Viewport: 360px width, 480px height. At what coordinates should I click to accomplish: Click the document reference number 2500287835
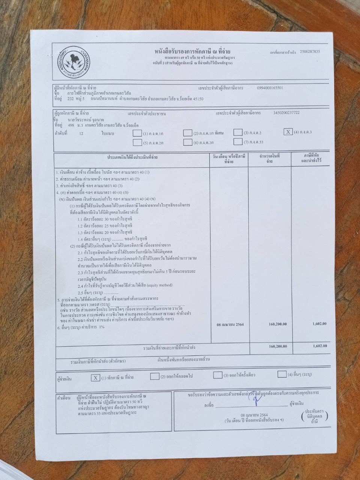(x=310, y=52)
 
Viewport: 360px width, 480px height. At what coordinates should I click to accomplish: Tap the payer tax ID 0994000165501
(x=270, y=88)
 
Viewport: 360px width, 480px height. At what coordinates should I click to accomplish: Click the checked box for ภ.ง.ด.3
(x=288, y=132)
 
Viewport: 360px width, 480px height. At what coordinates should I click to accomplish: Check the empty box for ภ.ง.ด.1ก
(x=137, y=133)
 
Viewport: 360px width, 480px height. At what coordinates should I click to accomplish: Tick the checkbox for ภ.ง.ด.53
(x=238, y=141)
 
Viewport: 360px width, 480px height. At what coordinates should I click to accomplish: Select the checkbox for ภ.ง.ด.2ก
(x=137, y=142)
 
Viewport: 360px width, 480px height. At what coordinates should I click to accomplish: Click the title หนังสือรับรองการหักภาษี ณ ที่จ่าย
(x=192, y=51)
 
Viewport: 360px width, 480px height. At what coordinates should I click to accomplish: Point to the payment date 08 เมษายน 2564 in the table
(x=230, y=324)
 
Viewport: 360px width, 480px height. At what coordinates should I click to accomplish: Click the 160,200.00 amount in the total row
(x=277, y=346)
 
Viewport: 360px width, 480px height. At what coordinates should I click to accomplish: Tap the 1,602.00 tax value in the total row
(x=319, y=346)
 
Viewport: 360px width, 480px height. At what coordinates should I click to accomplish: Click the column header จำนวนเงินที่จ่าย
(x=269, y=158)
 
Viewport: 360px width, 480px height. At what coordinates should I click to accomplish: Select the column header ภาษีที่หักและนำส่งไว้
(x=311, y=158)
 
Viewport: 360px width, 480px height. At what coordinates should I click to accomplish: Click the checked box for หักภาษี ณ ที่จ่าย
(x=96, y=378)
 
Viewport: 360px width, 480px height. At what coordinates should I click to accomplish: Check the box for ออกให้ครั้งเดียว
(x=217, y=375)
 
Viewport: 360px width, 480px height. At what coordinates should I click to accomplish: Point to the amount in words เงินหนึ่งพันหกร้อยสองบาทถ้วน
(x=189, y=359)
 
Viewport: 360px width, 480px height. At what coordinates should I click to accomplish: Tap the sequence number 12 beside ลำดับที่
(x=81, y=133)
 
